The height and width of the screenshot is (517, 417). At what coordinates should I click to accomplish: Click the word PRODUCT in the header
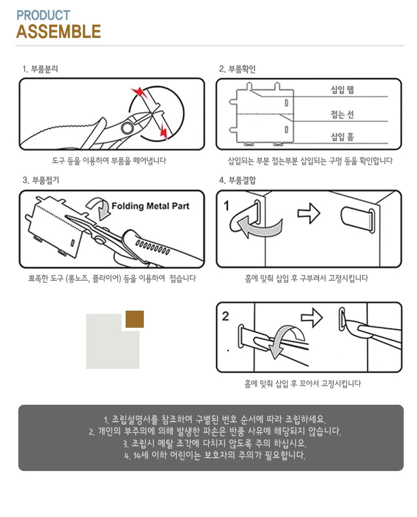coord(43,15)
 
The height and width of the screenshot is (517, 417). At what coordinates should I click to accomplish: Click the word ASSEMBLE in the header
coord(58,32)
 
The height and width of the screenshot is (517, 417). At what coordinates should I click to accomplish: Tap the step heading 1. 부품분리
coord(40,69)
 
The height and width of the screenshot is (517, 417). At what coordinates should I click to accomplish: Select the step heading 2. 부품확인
coord(237,69)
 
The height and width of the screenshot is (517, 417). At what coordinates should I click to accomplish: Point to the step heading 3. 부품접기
coord(41,180)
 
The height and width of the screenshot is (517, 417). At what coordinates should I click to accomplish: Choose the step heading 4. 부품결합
coord(237,180)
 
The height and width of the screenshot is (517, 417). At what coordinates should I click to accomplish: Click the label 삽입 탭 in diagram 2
coord(342,90)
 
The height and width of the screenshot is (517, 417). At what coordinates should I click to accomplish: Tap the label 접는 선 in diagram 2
coord(342,114)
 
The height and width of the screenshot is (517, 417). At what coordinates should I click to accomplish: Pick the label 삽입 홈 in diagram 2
coord(342,136)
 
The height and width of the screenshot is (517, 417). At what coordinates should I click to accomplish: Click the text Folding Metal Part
coord(150,206)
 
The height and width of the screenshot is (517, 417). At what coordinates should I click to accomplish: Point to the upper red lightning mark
coord(140,92)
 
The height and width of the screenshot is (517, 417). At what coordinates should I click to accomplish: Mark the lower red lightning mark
coord(164,131)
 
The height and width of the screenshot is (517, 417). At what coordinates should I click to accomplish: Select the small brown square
coord(135,319)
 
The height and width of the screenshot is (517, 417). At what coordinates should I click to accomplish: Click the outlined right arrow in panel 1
coord(308,213)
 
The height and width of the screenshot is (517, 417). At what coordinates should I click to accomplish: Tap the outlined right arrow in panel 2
coord(312,318)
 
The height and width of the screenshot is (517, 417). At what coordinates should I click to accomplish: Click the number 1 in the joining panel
coord(227,206)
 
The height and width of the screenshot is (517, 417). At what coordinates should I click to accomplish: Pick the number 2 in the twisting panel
coord(226,316)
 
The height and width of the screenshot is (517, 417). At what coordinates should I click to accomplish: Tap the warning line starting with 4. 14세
coord(214,456)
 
